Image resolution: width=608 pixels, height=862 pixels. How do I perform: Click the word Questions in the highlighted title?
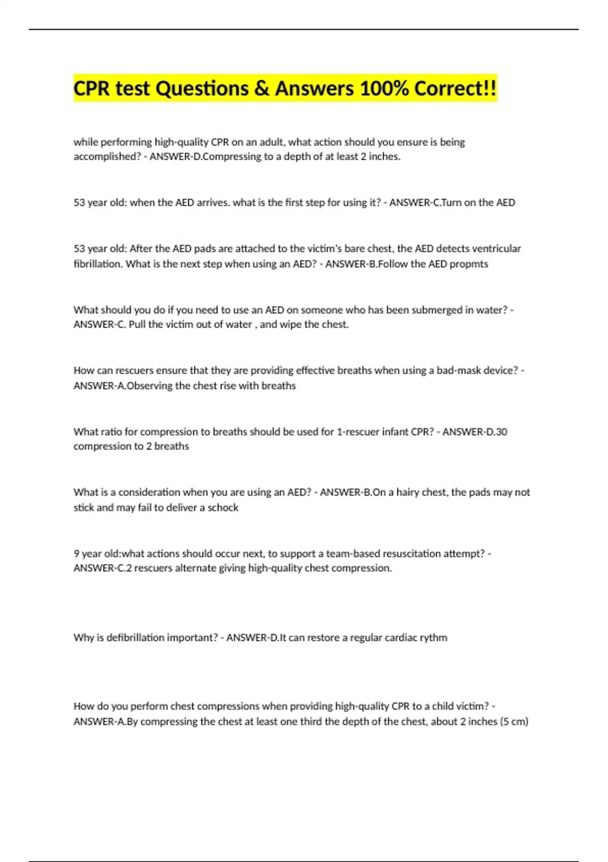[203, 89]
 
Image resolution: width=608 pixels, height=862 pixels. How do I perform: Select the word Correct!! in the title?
[455, 89]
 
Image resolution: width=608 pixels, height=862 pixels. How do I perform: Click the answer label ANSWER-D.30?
[474, 432]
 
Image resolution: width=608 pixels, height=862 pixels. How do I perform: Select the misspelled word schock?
[223, 508]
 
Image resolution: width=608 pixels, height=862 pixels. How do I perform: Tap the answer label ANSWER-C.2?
[103, 568]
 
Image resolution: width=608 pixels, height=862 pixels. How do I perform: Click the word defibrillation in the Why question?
[136, 637]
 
